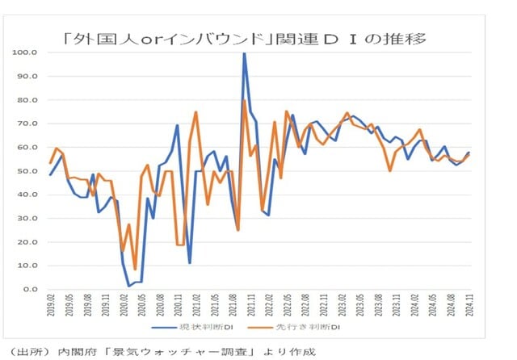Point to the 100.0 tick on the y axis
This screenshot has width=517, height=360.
click(26, 52)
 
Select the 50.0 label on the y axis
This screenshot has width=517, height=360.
click(27, 171)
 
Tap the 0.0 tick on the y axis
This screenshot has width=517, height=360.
click(30, 289)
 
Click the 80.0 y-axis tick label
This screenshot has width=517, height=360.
click(27, 100)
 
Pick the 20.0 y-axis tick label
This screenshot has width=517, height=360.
click(27, 241)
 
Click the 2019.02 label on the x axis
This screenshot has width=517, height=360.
click(50, 308)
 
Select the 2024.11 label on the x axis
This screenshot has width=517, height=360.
click(468, 308)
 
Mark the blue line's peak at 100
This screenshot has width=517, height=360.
click(244, 53)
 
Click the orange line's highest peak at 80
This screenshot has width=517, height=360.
click(245, 100)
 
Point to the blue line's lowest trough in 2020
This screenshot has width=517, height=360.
click(128, 286)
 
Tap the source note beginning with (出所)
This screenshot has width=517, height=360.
click(162, 351)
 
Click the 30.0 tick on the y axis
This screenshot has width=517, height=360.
click(27, 218)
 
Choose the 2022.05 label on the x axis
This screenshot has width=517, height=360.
click(286, 308)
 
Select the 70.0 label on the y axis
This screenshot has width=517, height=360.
click(27, 123)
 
